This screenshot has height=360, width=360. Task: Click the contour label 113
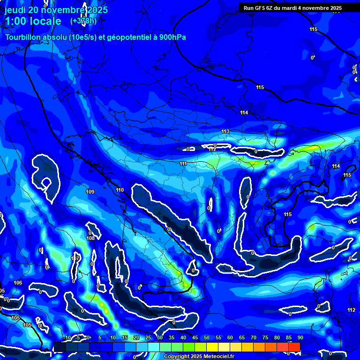[225, 132]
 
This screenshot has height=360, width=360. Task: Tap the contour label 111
[183, 164]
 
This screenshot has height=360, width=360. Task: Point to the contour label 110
[120, 190]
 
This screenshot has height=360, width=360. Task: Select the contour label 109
[90, 192]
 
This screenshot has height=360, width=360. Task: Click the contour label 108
[90, 238]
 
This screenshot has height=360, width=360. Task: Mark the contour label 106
[18, 283]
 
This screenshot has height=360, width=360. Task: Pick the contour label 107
[75, 259]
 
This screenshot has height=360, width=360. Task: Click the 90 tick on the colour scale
[300, 337]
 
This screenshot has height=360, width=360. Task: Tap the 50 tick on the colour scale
[207, 337]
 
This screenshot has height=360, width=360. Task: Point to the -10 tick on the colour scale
[67, 337]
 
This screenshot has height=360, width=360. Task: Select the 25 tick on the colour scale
[148, 337]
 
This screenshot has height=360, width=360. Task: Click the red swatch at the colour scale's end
[294, 347]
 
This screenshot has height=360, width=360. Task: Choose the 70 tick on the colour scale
[254, 337]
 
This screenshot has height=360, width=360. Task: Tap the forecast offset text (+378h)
[83, 21]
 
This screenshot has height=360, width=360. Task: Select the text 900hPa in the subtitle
[171, 37]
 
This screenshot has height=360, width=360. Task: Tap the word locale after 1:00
[44, 21]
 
